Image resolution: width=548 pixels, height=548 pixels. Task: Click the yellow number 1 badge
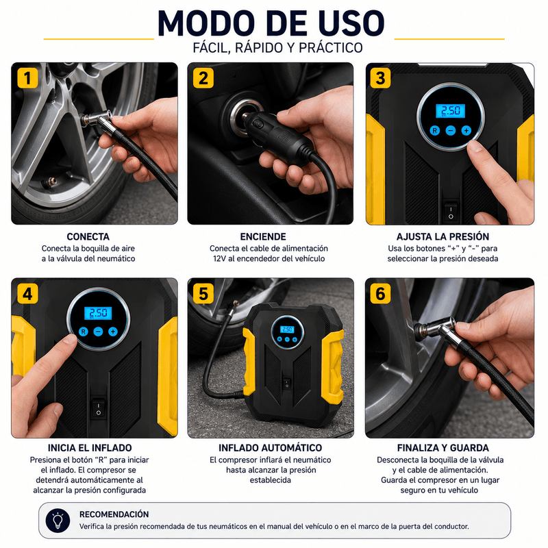28,78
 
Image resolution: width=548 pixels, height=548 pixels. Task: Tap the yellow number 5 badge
203,293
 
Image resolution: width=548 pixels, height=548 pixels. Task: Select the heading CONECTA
88,236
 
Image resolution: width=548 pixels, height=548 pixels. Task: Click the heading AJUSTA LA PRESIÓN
443,236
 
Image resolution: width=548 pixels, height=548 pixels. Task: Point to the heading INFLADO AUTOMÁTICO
270,448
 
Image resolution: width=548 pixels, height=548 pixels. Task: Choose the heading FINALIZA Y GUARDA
443,448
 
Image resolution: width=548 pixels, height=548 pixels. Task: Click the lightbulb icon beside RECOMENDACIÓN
58,521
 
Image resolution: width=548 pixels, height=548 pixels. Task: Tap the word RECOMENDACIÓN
114,514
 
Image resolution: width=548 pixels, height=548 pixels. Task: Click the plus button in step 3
466,131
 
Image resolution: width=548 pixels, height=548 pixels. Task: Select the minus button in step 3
451,131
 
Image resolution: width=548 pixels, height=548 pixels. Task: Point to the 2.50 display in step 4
98,313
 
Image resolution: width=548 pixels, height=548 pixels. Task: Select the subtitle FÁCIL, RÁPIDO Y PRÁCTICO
278,47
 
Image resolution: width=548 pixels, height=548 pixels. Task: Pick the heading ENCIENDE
263,236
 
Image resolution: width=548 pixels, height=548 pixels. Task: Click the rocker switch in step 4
98,408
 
